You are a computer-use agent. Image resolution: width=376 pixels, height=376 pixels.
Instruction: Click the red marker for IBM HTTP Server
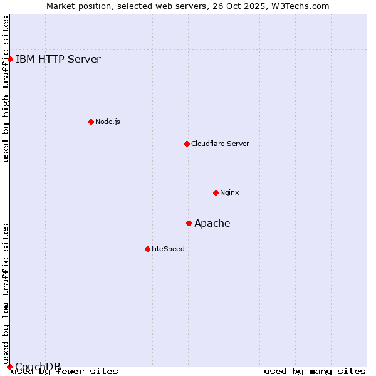tap(11, 59)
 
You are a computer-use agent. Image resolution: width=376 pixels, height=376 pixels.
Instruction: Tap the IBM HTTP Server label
tap(58, 60)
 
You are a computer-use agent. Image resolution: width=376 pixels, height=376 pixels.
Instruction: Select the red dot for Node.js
tap(91, 122)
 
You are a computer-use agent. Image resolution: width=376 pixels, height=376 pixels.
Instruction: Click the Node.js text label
tap(107, 122)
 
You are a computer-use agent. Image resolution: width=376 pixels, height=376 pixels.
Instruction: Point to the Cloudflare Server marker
tap(187, 144)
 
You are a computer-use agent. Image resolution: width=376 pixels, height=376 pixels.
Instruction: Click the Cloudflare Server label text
tap(220, 144)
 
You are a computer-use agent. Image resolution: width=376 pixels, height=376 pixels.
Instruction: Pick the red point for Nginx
tap(216, 192)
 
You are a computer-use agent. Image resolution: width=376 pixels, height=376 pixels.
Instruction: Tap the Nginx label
tap(229, 192)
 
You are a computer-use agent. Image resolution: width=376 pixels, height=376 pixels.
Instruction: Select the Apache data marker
tap(189, 223)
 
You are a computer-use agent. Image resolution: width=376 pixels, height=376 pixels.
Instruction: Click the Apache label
tap(212, 224)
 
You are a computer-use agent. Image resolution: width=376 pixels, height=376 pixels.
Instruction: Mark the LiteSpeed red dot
tap(147, 249)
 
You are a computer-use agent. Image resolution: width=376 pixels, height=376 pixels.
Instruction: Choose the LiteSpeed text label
tap(168, 249)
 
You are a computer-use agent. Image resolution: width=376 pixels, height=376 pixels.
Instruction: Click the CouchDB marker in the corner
tap(9, 367)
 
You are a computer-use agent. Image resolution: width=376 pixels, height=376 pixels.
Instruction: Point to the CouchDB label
tap(38, 366)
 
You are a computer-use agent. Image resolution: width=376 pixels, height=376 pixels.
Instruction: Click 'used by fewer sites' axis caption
tap(65, 372)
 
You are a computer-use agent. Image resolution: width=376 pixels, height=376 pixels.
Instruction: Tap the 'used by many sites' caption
tap(315, 372)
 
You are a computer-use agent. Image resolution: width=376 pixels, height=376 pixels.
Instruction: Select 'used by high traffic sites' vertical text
tap(6, 89)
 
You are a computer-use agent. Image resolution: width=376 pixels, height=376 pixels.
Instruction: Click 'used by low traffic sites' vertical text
tap(6, 293)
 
